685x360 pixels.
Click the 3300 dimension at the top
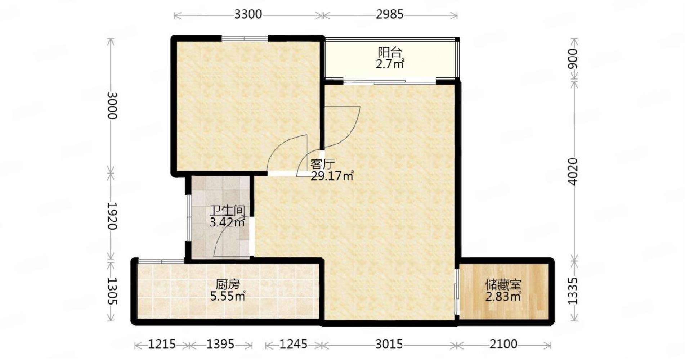[248, 15]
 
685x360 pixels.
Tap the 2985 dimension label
[390, 15]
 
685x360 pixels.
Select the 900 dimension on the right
[572, 59]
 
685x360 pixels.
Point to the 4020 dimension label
[572, 172]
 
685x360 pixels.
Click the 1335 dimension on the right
[572, 291]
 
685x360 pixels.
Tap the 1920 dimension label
[112, 216]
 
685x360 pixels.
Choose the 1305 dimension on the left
[112, 291]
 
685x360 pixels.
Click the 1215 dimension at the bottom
[162, 345]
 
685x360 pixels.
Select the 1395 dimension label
[220, 345]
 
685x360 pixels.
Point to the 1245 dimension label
[294, 345]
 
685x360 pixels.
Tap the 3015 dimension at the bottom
[389, 345]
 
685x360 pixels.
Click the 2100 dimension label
[503, 345]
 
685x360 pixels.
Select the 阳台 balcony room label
[390, 53]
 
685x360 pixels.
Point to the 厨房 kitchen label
[228, 285]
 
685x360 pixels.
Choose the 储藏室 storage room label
[503, 285]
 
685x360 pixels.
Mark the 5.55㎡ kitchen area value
[228, 296]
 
